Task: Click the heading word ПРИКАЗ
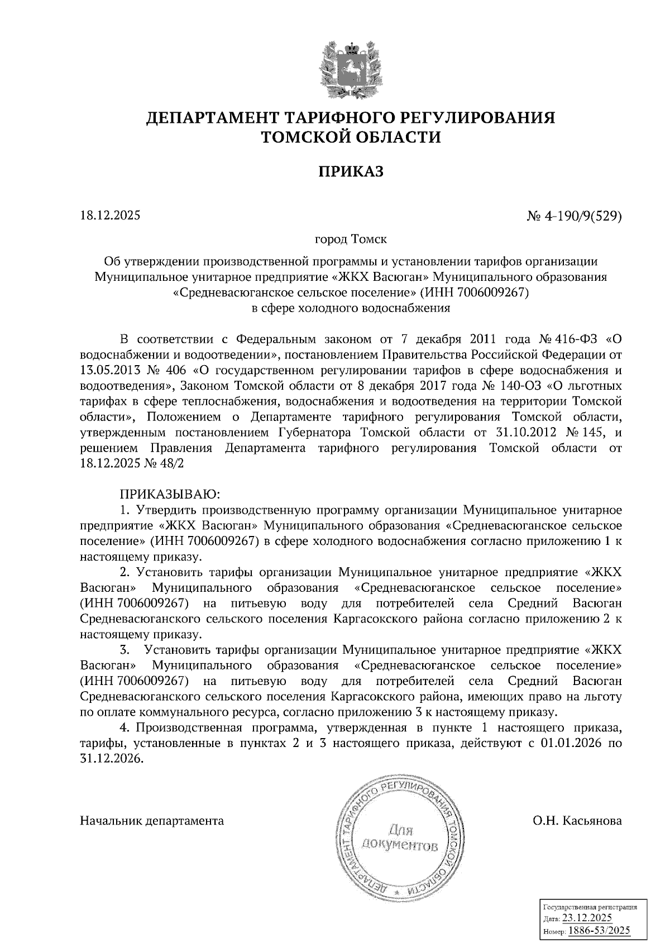351,171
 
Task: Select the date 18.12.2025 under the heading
110,216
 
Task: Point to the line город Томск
351,240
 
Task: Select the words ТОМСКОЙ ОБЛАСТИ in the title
351,137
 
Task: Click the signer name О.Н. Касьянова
577,821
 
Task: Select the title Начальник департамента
152,821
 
